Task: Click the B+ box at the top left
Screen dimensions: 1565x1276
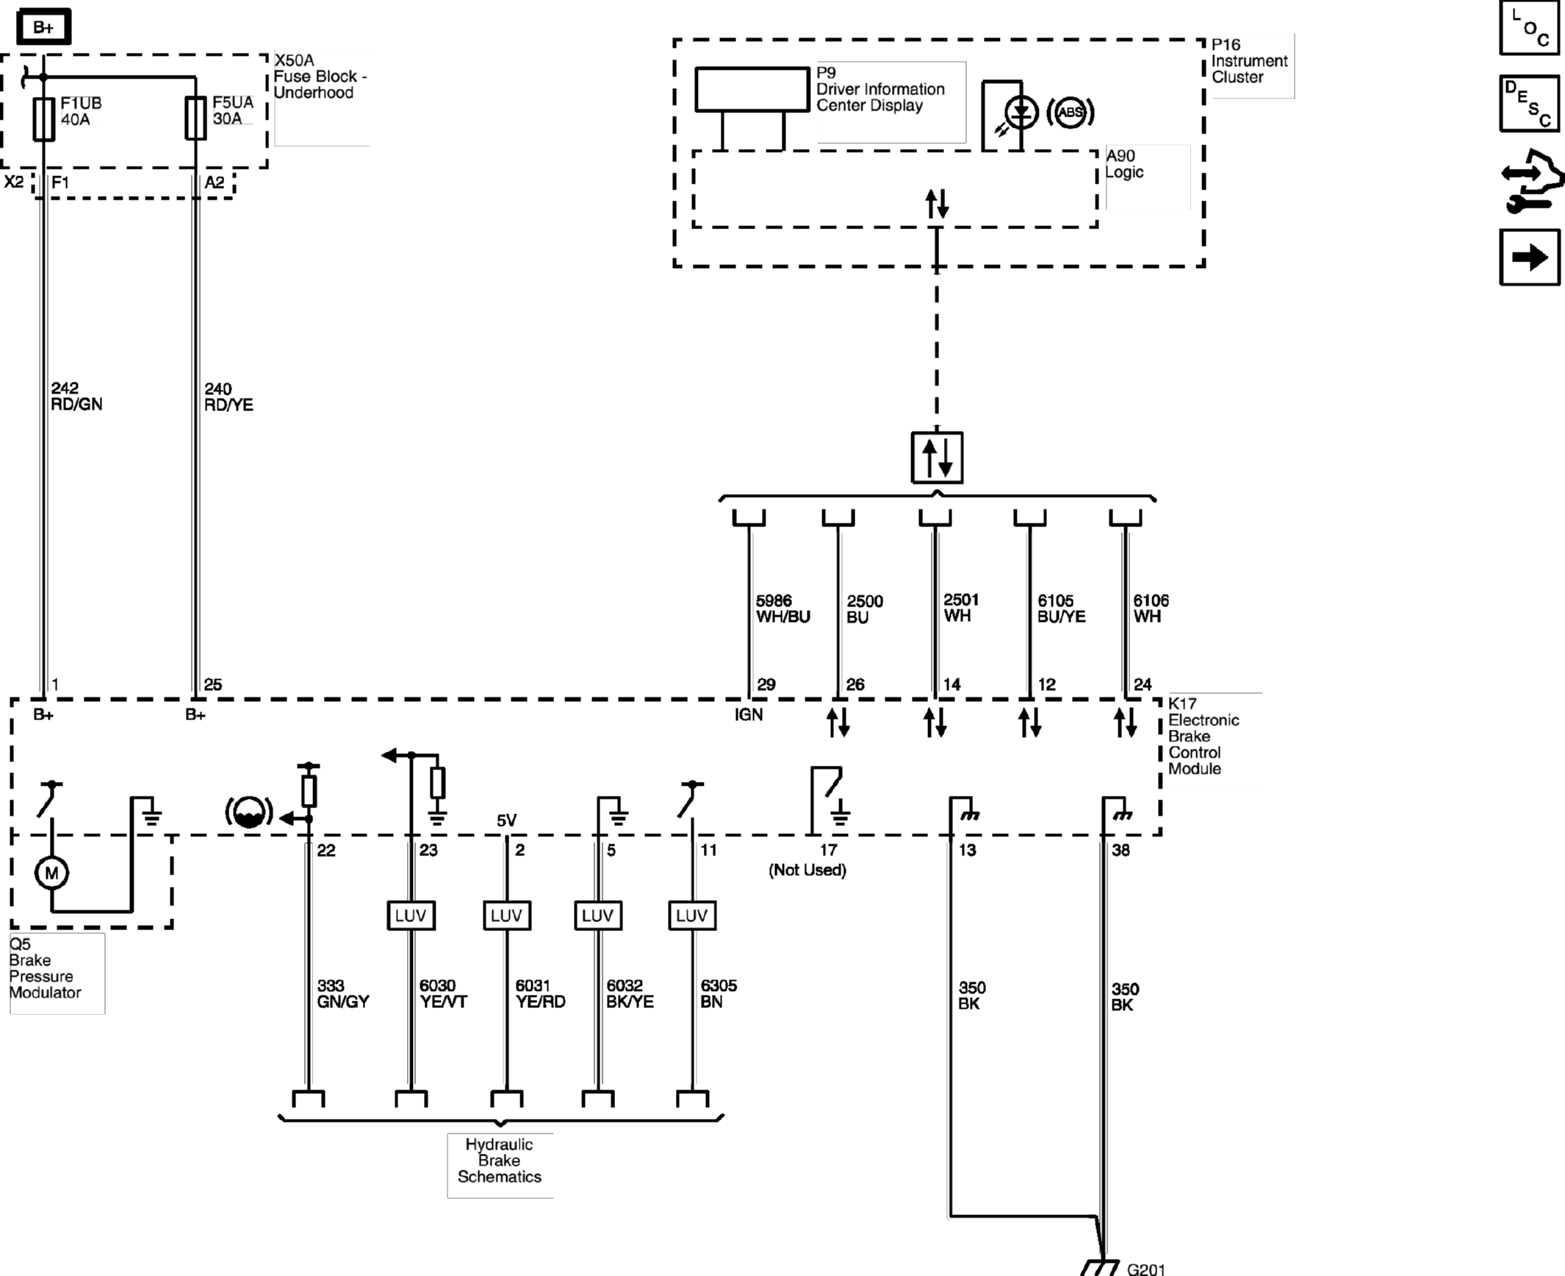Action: (x=43, y=27)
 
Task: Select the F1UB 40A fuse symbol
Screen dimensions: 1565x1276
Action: (x=43, y=119)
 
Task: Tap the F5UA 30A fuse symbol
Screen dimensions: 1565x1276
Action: (x=195, y=117)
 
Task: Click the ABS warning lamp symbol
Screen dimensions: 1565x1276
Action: (x=1069, y=112)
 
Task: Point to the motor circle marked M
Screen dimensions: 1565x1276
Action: (x=51, y=872)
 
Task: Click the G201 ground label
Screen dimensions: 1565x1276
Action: (x=1145, y=1269)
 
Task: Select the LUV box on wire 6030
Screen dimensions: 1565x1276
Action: (x=411, y=915)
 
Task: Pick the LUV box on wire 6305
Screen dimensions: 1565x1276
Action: (x=692, y=915)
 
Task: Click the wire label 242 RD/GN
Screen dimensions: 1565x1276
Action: (x=76, y=396)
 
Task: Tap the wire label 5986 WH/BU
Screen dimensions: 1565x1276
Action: (x=783, y=609)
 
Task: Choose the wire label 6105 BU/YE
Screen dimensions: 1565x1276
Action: (x=1061, y=609)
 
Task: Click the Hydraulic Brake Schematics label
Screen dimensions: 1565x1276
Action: (x=500, y=1160)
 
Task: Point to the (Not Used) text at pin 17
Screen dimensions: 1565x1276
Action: (x=807, y=870)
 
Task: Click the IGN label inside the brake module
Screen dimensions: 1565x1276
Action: (x=749, y=714)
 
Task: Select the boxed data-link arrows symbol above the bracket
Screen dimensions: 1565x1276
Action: (x=937, y=457)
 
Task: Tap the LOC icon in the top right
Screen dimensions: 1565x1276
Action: (x=1530, y=27)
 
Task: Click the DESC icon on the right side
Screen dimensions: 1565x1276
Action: (x=1530, y=104)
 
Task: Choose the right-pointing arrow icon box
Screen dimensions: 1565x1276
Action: (x=1530, y=257)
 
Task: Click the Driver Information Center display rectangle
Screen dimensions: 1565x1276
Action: (x=752, y=90)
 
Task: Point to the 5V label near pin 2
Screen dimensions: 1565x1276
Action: (x=507, y=820)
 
